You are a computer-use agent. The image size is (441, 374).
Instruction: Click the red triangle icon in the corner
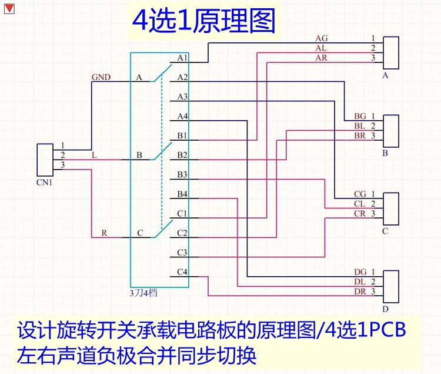point(9,8)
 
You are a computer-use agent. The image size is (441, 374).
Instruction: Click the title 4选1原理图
point(203,22)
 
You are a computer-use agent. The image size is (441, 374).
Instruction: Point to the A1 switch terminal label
point(182,58)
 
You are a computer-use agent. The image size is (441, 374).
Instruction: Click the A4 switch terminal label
point(182,116)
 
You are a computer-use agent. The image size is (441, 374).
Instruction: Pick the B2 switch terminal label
point(182,155)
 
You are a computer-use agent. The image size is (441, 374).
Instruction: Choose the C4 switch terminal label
point(182,272)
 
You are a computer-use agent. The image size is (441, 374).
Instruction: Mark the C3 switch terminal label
point(182,253)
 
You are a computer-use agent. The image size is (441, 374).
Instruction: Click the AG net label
point(322,38)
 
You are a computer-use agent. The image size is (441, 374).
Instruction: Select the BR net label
point(360,135)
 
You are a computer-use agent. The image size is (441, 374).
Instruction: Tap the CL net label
point(360,203)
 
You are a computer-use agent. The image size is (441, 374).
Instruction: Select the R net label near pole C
point(104,233)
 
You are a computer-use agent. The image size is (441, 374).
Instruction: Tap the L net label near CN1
point(95,155)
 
